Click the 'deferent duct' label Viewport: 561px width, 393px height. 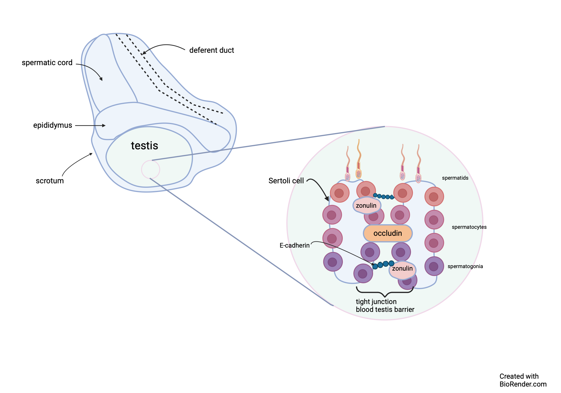click(x=211, y=50)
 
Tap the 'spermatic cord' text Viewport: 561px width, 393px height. click(x=47, y=63)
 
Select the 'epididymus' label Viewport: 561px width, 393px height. click(x=52, y=125)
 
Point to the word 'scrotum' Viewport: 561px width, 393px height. click(x=50, y=181)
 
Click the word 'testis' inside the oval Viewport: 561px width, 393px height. click(x=144, y=146)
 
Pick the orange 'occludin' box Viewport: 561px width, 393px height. click(x=388, y=233)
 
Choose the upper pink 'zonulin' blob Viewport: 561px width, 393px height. click(x=366, y=205)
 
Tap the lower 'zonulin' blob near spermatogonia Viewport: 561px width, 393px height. click(x=402, y=269)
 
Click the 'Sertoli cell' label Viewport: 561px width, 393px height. click(x=286, y=181)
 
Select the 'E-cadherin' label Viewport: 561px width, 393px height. click(x=295, y=245)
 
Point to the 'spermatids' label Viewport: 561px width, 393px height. click(x=455, y=178)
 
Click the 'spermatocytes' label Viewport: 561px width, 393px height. click(x=469, y=227)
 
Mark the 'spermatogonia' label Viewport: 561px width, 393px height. click(x=465, y=266)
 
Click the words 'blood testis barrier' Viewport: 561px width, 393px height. click(x=385, y=310)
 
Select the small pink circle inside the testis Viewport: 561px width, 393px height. click(x=151, y=169)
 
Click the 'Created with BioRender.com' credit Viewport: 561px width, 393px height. click(x=523, y=380)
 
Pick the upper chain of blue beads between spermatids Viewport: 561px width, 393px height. click(x=383, y=196)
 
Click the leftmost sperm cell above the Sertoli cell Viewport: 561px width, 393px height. click(x=348, y=166)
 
